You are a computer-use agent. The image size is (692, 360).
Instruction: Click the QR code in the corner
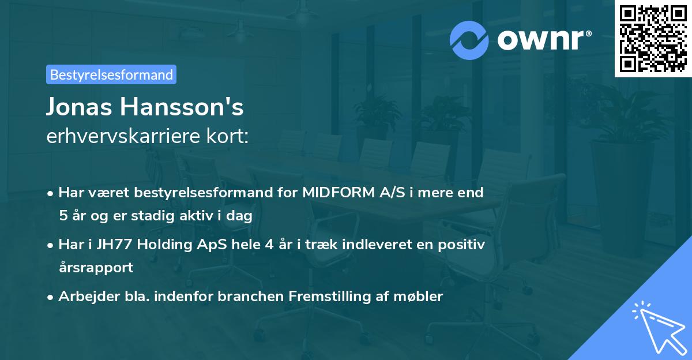tap(653, 38)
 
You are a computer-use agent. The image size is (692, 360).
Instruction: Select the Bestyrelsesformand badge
tap(111, 74)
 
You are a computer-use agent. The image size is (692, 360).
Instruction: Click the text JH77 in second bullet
tap(109, 245)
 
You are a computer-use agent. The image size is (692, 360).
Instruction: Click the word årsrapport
tap(96, 267)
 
